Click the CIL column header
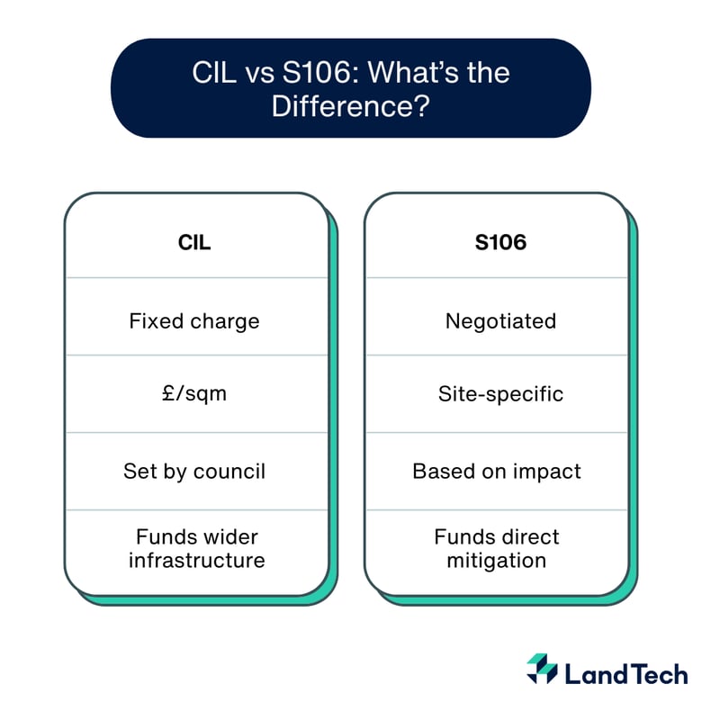[x=194, y=242]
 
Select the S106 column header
[x=499, y=242]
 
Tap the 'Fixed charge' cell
[x=194, y=320]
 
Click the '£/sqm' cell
[x=194, y=393]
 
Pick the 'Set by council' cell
[x=194, y=471]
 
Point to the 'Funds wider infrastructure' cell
[x=196, y=549]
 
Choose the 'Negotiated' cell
[x=500, y=320]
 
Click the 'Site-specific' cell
[x=500, y=393]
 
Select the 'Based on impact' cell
[x=497, y=471]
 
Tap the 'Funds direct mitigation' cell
[x=497, y=549]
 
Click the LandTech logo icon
[x=542, y=669]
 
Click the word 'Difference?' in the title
[x=350, y=106]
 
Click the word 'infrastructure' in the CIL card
[x=196, y=561]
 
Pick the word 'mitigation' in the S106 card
[x=496, y=561]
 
